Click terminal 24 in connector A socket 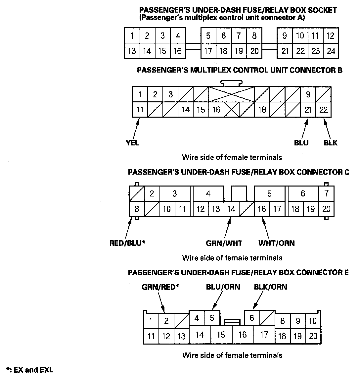pyautogui.click(x=331, y=51)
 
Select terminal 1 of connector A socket pyautogui.click(x=132, y=36)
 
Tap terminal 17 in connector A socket pyautogui.click(x=208, y=51)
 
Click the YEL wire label pyautogui.click(x=133, y=143)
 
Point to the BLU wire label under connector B pyautogui.click(x=301, y=143)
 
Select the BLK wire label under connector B pyautogui.click(x=331, y=143)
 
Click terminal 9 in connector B pyautogui.click(x=308, y=95)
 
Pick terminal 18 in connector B pyautogui.click(x=262, y=109)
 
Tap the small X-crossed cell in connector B pyautogui.click(x=232, y=109)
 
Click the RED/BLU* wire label pyautogui.click(x=128, y=243)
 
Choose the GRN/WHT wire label pyautogui.click(x=224, y=243)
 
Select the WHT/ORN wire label pyautogui.click(x=277, y=243)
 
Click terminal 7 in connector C pyautogui.click(x=327, y=193)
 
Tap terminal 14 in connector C pyautogui.click(x=231, y=209)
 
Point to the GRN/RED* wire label pyautogui.click(x=160, y=287)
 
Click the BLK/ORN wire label pyautogui.click(x=270, y=287)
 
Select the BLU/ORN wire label pyautogui.click(x=223, y=287)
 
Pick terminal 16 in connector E pyautogui.click(x=243, y=335)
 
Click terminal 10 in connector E pyautogui.click(x=313, y=321)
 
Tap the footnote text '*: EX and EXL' pyautogui.click(x=30, y=370)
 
